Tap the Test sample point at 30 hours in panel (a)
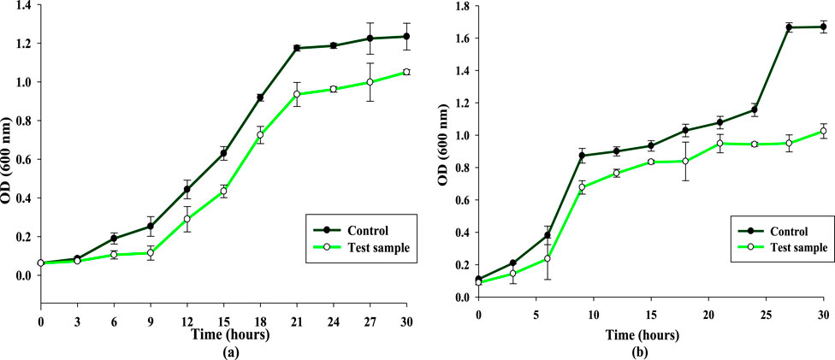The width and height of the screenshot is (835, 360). (x=406, y=72)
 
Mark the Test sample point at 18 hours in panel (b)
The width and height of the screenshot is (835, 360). (x=685, y=161)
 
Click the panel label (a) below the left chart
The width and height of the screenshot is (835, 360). (x=222, y=351)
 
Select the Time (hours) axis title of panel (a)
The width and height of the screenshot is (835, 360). (x=223, y=334)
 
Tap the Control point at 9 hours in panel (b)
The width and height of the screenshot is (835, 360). (x=582, y=156)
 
